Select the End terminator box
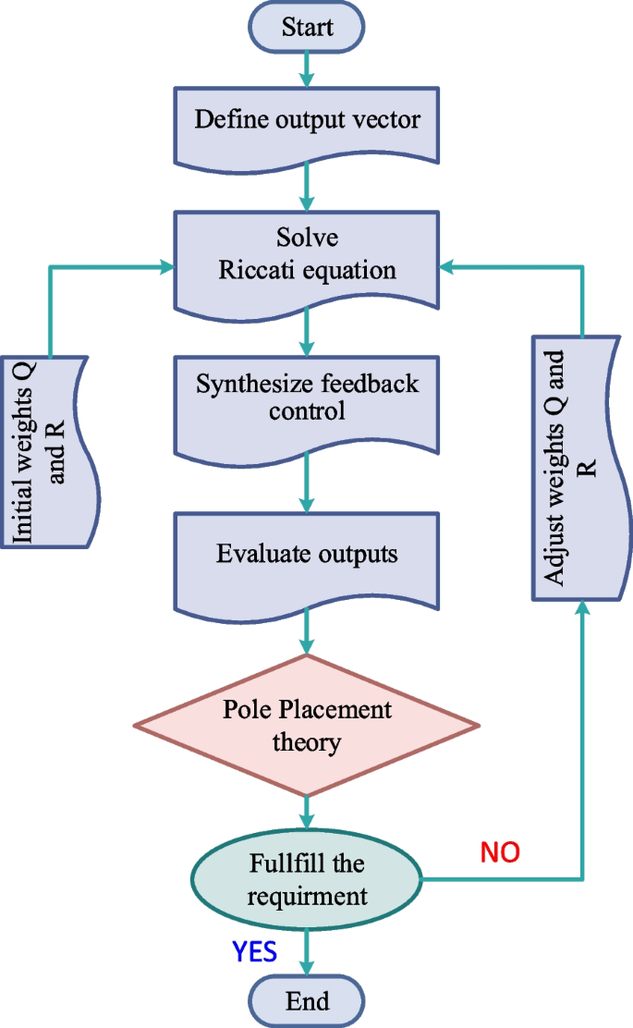[307, 1001]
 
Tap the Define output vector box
[307, 121]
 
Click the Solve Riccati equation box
[307, 257]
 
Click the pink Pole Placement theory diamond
[307, 725]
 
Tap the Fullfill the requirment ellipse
[307, 880]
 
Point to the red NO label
[500, 852]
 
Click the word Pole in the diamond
[245, 710]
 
